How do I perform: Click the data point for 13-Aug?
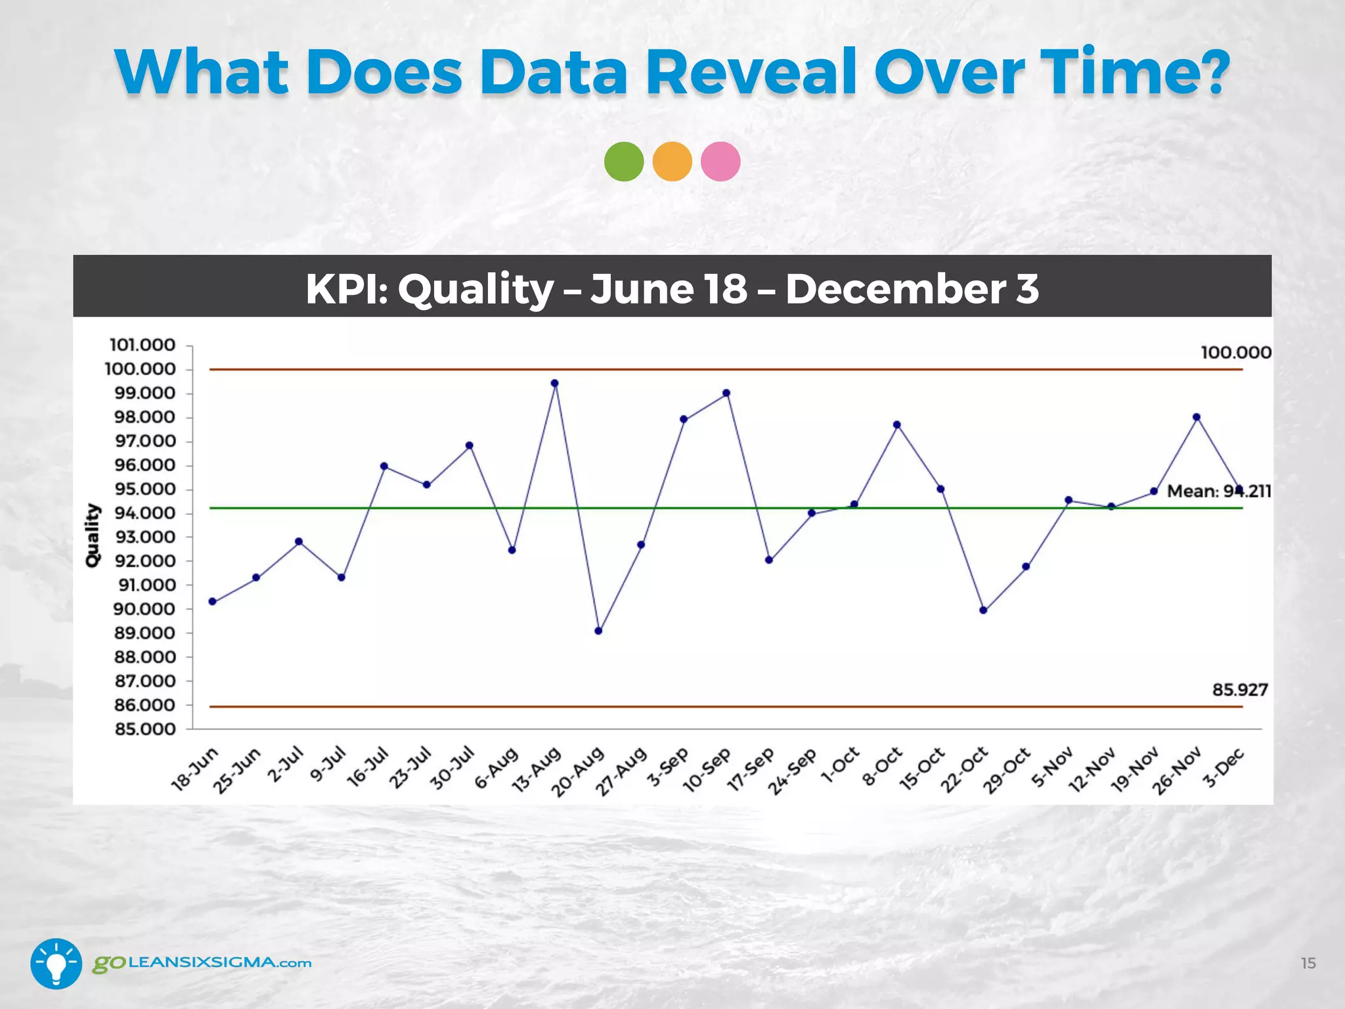point(555,383)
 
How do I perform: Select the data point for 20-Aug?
point(598,631)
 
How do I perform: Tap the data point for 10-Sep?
point(726,393)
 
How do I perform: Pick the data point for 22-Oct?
point(983,610)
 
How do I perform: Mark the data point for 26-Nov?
point(1197,417)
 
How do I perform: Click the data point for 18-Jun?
point(213,601)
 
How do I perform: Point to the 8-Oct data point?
point(897,425)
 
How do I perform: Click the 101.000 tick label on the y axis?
point(143,346)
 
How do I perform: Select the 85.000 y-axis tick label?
point(145,729)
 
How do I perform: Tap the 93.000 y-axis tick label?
point(145,537)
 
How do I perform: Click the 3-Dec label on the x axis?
point(1223,768)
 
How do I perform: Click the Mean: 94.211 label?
point(1219,491)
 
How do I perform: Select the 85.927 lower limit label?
point(1240,690)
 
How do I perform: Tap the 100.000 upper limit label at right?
point(1236,353)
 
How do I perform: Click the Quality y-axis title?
point(93,535)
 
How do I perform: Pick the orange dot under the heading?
point(672,162)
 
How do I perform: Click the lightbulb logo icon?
point(56,964)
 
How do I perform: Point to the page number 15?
point(1308,963)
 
